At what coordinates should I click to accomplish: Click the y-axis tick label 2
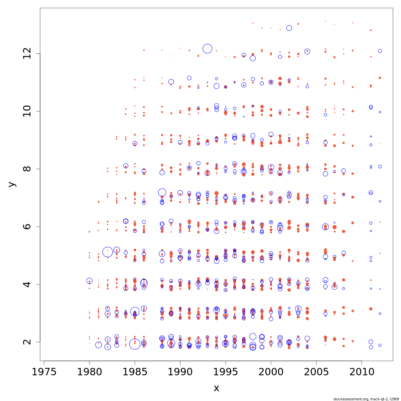tap(26, 342)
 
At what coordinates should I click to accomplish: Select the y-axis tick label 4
tap(26, 284)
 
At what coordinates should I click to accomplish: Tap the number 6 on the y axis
tap(26, 227)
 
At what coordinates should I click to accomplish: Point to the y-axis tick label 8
tap(26, 169)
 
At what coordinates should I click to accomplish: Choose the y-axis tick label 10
tap(26, 111)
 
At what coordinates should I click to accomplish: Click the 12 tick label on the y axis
tap(26, 53)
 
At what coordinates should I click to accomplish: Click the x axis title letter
tap(216, 388)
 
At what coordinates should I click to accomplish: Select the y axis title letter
tap(12, 184)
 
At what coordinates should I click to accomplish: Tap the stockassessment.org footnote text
tap(366, 399)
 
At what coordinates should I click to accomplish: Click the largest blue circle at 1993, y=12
tap(208, 49)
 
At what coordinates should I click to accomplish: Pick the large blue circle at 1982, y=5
tap(108, 252)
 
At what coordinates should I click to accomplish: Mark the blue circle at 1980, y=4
tap(90, 281)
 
